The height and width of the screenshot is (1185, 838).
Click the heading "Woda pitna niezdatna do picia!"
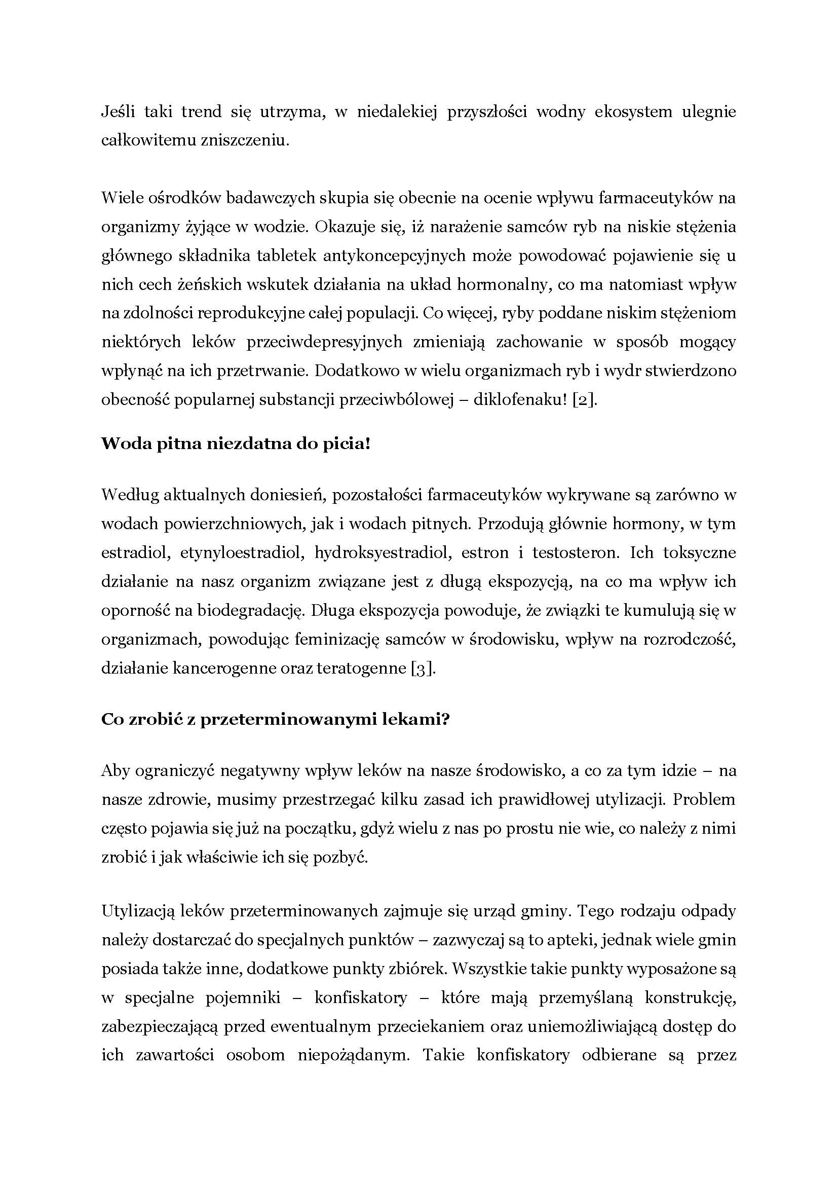tap(236, 444)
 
